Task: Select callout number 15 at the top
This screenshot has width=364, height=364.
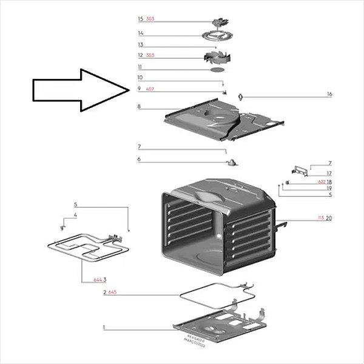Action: [x=140, y=19]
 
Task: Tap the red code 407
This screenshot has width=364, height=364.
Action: [x=150, y=89]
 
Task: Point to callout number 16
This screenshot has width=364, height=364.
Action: [x=329, y=94]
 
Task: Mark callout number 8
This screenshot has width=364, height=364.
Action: [x=139, y=107]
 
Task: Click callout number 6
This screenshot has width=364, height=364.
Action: [x=139, y=160]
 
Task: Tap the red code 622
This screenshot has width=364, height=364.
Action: [x=322, y=182]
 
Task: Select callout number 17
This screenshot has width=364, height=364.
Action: [x=329, y=174]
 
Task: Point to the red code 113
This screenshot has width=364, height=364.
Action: [x=322, y=218]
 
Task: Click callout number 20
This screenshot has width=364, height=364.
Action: [x=329, y=218]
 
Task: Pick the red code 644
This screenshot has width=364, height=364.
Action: [x=97, y=280]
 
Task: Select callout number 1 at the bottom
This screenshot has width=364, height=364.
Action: [x=104, y=328]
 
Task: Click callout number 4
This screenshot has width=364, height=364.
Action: [x=76, y=215]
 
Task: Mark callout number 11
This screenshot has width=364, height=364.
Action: [x=140, y=67]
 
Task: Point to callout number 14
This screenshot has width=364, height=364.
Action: [x=140, y=33]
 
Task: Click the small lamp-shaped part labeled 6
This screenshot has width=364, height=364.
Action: [x=232, y=161]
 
